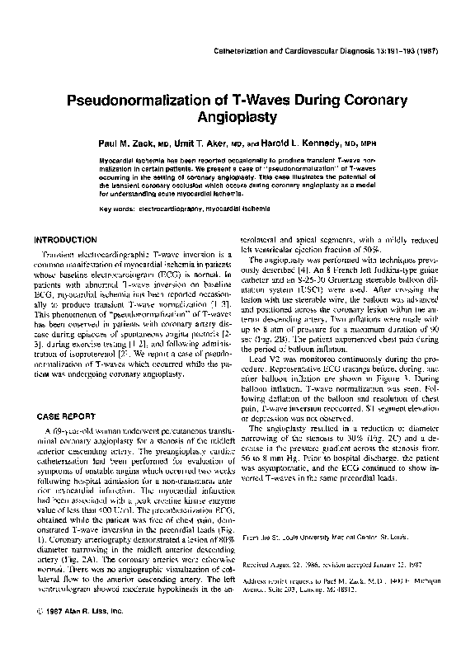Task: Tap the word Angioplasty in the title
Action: pyautogui.click(x=237, y=118)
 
